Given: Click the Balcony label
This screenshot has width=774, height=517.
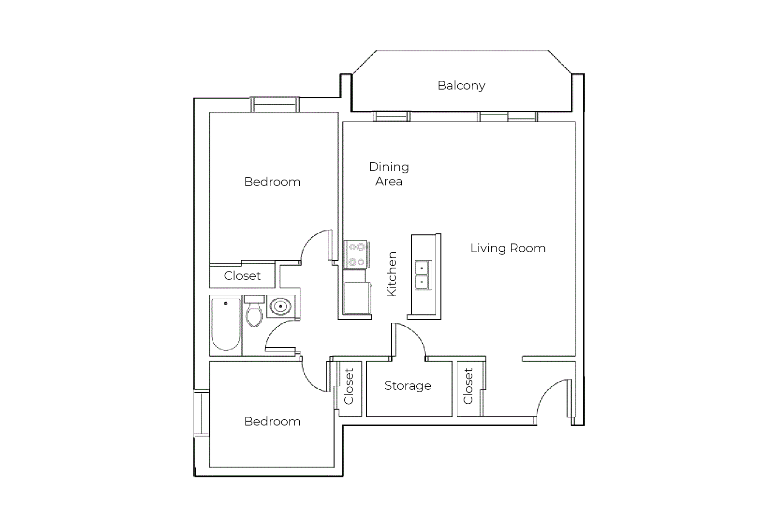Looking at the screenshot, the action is (x=461, y=86).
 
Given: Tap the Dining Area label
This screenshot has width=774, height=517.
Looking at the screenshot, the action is (x=389, y=174).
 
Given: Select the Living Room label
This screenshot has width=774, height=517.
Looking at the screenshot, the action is (x=508, y=248).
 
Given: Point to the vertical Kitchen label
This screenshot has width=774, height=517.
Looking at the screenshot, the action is (x=392, y=274).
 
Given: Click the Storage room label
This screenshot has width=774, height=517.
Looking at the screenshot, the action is (x=408, y=386).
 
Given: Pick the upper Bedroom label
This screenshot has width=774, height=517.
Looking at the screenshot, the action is (x=272, y=182).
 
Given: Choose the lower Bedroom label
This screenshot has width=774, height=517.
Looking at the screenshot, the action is (x=272, y=422).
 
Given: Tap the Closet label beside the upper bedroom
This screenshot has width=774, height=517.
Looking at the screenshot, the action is (x=242, y=276).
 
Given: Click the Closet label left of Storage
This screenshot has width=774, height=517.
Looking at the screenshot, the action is (x=349, y=386).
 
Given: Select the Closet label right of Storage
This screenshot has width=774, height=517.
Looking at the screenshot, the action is (x=468, y=386).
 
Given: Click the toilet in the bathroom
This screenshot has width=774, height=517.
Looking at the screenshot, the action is (x=254, y=311).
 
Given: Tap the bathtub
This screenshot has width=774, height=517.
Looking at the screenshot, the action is (x=226, y=325).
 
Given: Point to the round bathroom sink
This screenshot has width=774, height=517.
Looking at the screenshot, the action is (x=280, y=306).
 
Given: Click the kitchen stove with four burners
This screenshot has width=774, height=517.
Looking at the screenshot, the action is (x=356, y=255).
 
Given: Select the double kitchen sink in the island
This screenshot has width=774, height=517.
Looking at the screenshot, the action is (x=424, y=275).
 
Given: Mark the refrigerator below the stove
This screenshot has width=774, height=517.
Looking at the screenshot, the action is (x=357, y=298).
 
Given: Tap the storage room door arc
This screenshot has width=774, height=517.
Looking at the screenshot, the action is (x=415, y=335).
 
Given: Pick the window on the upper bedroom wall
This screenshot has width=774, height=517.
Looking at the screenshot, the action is (x=275, y=105).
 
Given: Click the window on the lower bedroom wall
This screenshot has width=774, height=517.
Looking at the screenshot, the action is (x=201, y=413).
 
